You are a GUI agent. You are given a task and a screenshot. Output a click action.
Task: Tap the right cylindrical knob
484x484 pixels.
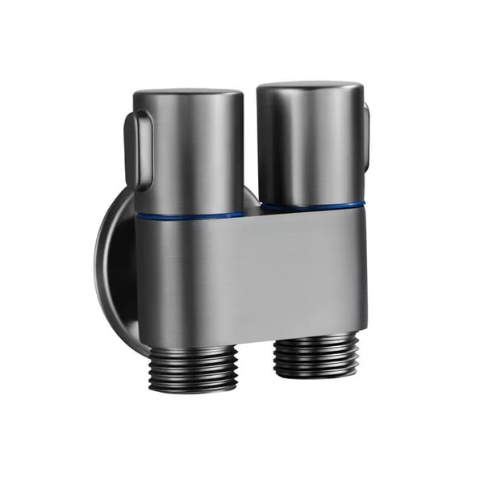[311, 145]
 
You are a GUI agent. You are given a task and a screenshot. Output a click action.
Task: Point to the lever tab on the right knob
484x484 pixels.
[365, 137]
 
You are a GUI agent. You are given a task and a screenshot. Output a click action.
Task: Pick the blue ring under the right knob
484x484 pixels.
[311, 207]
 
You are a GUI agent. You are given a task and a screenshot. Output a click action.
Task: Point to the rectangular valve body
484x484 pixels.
[250, 274]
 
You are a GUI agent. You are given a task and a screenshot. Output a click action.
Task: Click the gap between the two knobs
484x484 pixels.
[251, 161]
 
